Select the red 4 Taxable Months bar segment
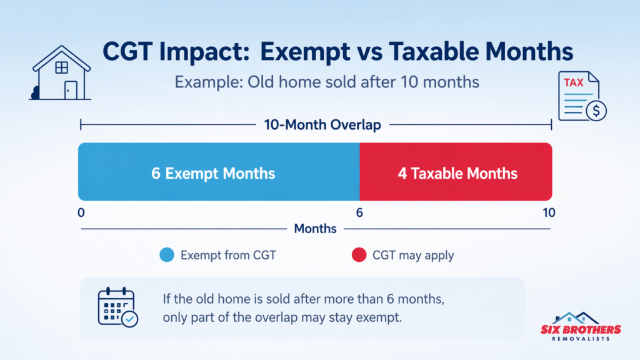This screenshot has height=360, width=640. (x=456, y=172)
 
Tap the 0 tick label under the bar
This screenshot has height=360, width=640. (x=81, y=212)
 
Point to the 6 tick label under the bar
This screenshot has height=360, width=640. (x=359, y=212)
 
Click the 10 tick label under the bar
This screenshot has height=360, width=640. (x=548, y=212)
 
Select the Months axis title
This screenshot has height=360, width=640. (x=315, y=229)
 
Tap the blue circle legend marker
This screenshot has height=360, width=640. (x=166, y=255)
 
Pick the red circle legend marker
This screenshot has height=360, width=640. (x=358, y=255)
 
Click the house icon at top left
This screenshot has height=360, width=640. (x=61, y=73)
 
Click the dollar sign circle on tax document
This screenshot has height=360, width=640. (x=596, y=111)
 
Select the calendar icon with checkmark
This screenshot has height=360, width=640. (x=117, y=307)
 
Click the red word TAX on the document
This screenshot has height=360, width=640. (x=574, y=82)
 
